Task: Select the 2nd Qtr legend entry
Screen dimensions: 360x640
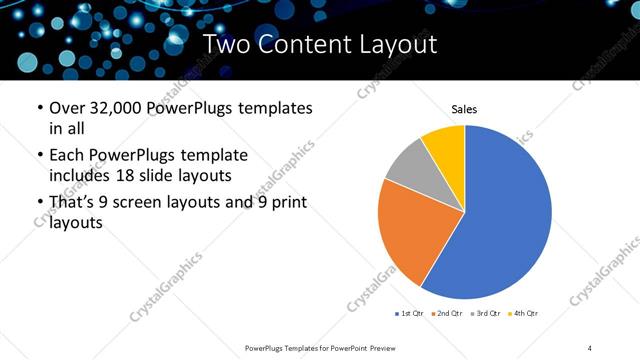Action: coord(446,314)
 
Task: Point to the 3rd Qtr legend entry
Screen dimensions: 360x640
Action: coord(486,314)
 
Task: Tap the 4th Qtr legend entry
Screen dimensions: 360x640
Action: coord(525,314)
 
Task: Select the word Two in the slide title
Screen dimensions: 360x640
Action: coord(226,44)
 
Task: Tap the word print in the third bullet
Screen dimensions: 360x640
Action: coord(285,203)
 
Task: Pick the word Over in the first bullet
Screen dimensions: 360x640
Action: coord(68,108)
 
